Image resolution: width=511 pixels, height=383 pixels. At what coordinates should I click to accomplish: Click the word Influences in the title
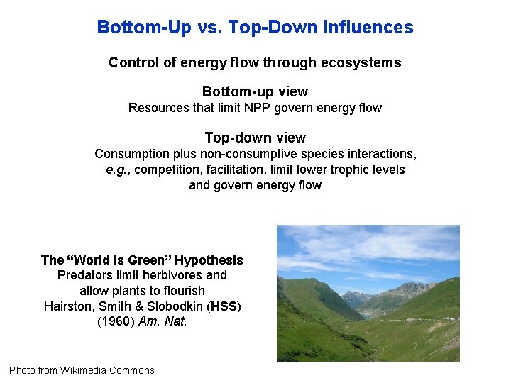pyautogui.click(x=368, y=28)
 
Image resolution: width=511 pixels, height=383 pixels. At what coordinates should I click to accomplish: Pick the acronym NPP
pyautogui.click(x=255, y=108)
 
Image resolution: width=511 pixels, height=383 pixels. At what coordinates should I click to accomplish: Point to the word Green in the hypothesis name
pyautogui.click(x=150, y=260)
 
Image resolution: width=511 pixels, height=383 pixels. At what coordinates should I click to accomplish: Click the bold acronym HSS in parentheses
pyautogui.click(x=225, y=306)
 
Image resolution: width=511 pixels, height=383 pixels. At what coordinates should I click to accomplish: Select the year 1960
pyautogui.click(x=113, y=321)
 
